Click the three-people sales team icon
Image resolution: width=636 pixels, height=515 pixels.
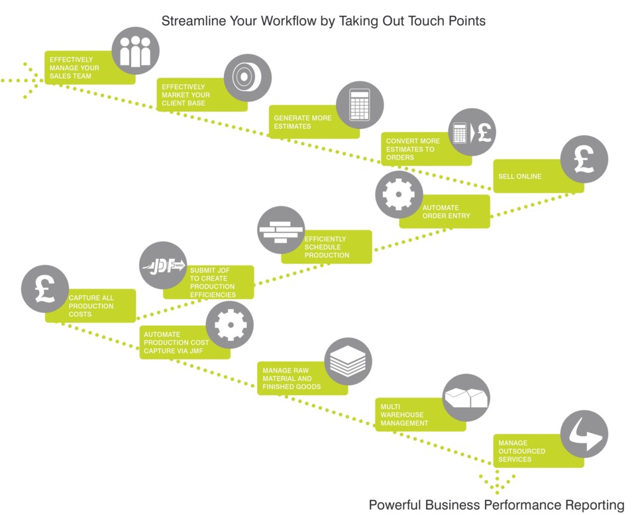click(135, 51)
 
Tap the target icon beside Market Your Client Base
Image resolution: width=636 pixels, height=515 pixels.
click(247, 78)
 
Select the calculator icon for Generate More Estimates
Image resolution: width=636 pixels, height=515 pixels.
click(360, 105)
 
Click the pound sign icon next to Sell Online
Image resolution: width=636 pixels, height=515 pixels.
click(584, 159)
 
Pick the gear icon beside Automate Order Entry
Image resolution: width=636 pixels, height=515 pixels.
click(399, 195)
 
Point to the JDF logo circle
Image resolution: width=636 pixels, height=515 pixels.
click(163, 265)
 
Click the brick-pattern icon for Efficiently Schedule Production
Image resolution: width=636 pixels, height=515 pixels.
click(281, 230)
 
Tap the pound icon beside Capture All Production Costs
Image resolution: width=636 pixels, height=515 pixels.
click(45, 289)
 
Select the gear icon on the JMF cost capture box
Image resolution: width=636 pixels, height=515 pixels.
click(230, 324)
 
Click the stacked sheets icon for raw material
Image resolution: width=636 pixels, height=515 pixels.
click(348, 361)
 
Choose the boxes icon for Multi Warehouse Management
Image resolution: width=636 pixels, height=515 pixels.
click(466, 397)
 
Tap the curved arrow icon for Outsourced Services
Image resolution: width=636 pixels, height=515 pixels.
click(584, 434)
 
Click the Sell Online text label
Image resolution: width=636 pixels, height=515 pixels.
click(519, 176)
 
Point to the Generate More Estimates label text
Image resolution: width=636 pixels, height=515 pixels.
click(303, 122)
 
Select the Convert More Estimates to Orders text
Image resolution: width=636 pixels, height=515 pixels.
click(413, 149)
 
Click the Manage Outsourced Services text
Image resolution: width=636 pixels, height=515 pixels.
click(521, 451)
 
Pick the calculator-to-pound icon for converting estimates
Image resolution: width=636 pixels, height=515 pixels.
click(472, 132)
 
